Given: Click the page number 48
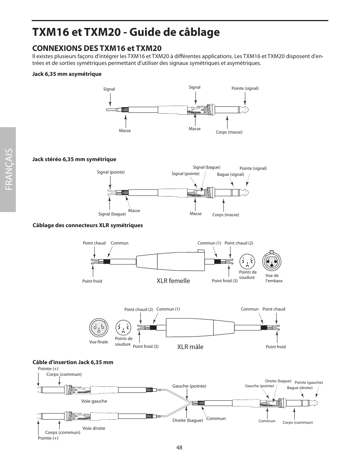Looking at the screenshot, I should pos(179,447).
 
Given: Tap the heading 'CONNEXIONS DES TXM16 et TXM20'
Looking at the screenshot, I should pos(97,48).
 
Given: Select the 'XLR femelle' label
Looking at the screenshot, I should pos(173,280).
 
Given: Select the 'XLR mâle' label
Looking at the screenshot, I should pos(190,347).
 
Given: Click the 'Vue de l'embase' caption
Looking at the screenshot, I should pos(274,278).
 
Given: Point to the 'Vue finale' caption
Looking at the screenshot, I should pos(98,342).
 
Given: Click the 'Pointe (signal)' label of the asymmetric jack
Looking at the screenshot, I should pos(245,88).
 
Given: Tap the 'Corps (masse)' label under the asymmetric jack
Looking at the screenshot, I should pos(229,132).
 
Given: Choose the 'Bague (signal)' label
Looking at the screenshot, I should pos(231,174).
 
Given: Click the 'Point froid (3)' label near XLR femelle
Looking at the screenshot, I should pos(225,281).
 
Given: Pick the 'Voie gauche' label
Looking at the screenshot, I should pos(94,401).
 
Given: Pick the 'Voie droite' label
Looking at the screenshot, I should pos(94,428).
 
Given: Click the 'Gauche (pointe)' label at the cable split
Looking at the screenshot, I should pos(189,386).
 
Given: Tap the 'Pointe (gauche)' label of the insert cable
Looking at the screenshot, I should pos(309,382).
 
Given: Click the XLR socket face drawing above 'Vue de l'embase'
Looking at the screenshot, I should pos(272,261).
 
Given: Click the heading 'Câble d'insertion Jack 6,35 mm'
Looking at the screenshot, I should pos(73,362).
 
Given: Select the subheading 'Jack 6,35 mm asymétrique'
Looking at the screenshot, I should pos(67,74).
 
